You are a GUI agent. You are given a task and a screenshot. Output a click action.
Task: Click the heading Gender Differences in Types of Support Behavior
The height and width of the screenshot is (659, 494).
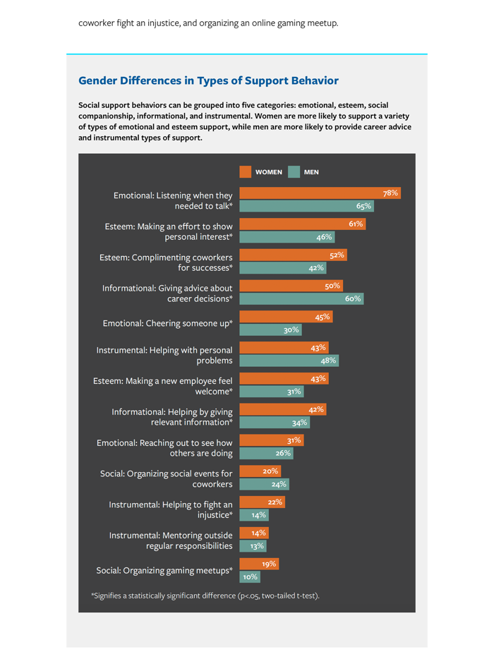click(208, 81)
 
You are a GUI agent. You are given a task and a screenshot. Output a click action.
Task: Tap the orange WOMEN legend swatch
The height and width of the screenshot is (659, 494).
click(246, 172)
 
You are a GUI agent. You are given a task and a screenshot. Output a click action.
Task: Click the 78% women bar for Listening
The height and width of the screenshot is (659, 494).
click(320, 193)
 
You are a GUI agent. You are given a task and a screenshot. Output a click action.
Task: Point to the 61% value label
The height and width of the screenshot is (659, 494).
click(356, 224)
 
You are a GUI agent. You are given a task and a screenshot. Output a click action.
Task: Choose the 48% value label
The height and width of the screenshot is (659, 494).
click(329, 361)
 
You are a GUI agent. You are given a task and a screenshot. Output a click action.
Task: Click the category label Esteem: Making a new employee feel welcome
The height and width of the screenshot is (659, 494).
click(163, 386)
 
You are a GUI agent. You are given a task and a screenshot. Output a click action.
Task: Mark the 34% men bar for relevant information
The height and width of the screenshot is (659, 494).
click(275, 423)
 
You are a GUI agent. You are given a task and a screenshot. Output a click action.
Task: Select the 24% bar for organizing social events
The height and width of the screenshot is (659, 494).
click(264, 484)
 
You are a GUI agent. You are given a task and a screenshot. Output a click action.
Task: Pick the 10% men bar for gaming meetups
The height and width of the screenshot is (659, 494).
click(250, 577)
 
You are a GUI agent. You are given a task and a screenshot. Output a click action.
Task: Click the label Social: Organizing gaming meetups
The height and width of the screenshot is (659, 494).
click(164, 570)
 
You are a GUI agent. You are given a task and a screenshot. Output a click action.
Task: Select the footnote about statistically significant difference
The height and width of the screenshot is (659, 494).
click(205, 596)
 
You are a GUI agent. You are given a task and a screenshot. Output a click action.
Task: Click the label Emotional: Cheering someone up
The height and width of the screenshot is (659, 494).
click(168, 323)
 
